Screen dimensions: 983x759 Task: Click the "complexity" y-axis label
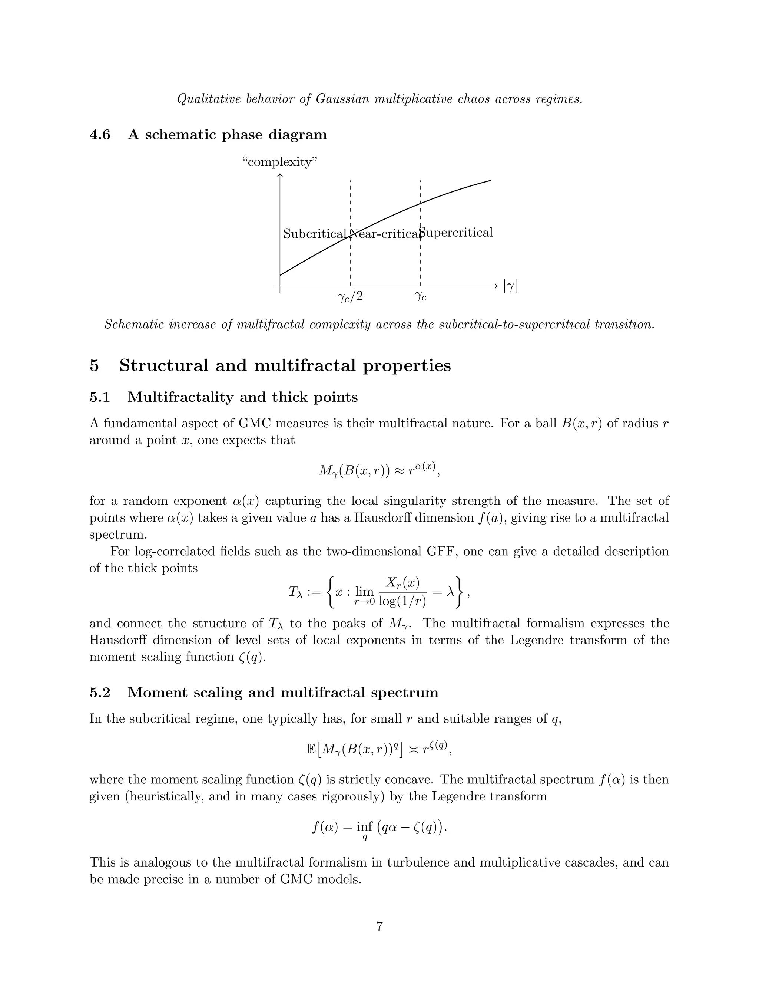tap(280, 162)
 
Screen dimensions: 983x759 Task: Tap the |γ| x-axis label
tap(510, 286)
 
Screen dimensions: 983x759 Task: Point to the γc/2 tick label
tap(350, 297)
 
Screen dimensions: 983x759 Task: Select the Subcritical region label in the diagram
tap(314, 234)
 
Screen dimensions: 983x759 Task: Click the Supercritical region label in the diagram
tap(456, 232)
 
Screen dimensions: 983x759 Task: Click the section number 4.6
tap(100, 135)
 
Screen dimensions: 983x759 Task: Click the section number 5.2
tap(100, 692)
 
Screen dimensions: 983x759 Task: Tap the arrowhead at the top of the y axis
tap(280, 175)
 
